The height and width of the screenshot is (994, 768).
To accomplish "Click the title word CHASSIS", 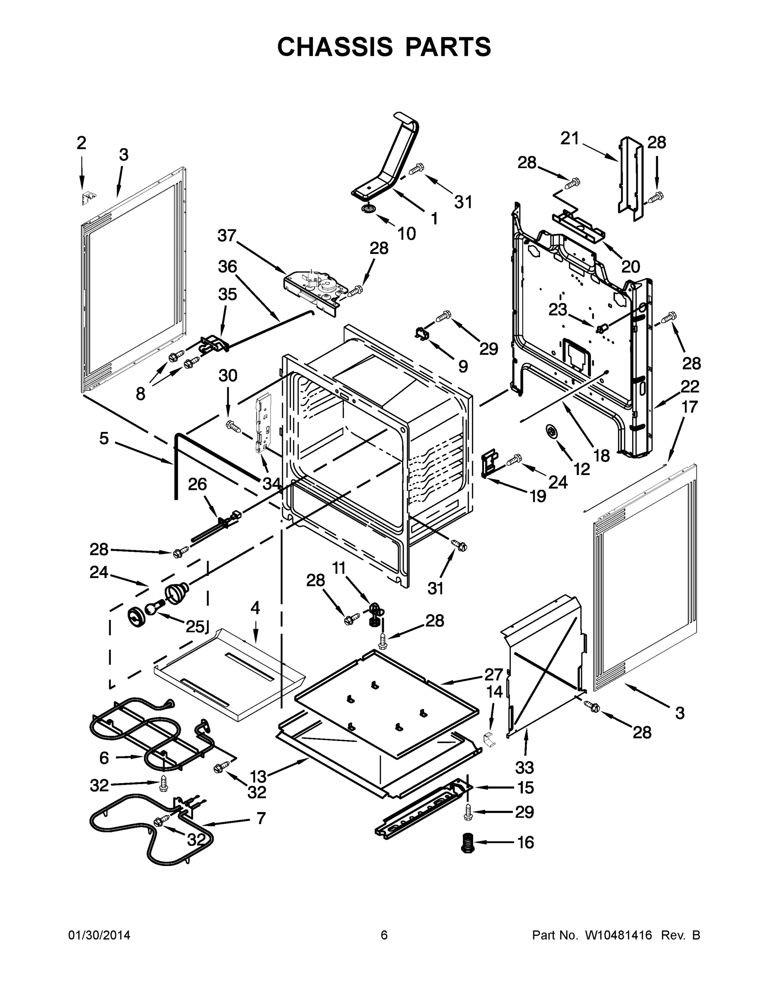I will [335, 47].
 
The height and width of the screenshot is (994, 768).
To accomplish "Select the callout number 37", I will [226, 235].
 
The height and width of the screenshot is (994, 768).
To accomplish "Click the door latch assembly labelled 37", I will [313, 287].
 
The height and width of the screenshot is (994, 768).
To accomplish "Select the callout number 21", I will [569, 138].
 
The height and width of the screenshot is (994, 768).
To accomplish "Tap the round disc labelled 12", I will [551, 430].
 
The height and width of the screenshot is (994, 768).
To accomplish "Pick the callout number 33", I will [524, 768].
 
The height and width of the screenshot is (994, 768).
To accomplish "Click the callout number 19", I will [538, 496].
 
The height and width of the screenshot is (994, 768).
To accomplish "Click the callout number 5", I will [104, 438].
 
